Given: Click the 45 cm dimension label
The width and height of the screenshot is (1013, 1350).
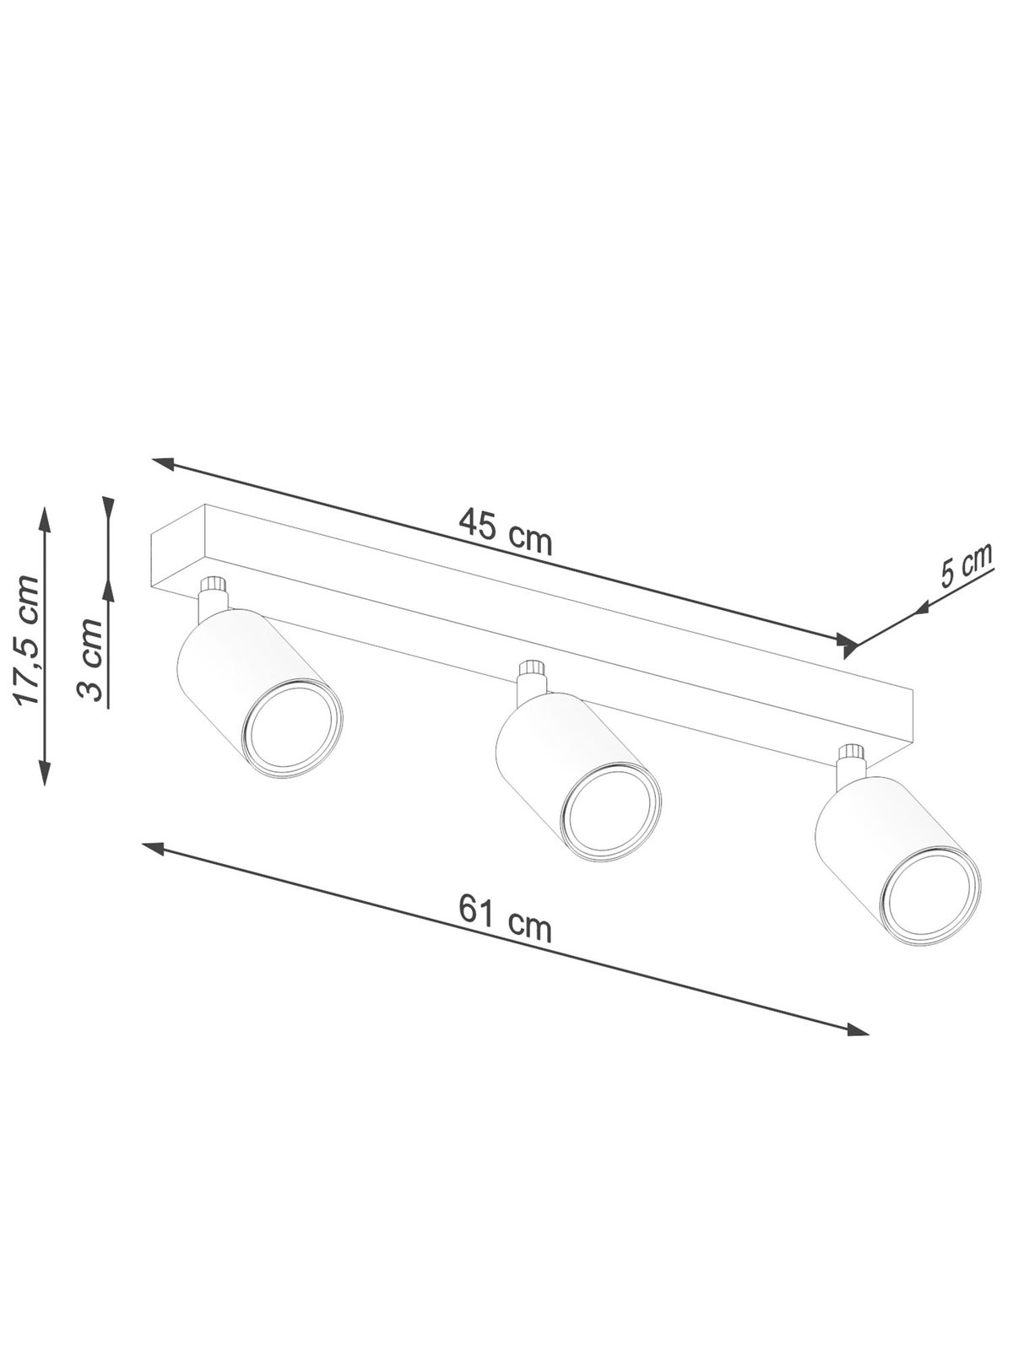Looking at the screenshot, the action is pyautogui.click(x=506, y=531).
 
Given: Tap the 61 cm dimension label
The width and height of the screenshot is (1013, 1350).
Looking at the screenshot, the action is pyautogui.click(x=505, y=924).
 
